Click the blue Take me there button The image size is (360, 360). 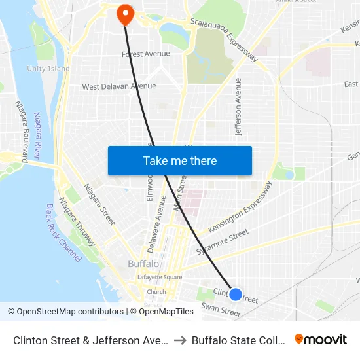coord(180,161)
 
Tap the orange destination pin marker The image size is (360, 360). coord(124,14)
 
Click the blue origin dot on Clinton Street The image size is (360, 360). coord(236,295)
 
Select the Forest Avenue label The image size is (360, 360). coord(145,54)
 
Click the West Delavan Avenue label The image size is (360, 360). coord(119,86)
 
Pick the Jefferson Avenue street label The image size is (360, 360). coord(239,107)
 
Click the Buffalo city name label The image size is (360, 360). coord(143,264)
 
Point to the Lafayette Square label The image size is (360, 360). coord(159,277)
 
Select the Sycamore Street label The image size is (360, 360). coord(223,242)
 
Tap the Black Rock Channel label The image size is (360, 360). coord(63,232)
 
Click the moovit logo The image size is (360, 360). coord(320,339)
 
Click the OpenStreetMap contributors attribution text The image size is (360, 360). coord(65,312)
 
